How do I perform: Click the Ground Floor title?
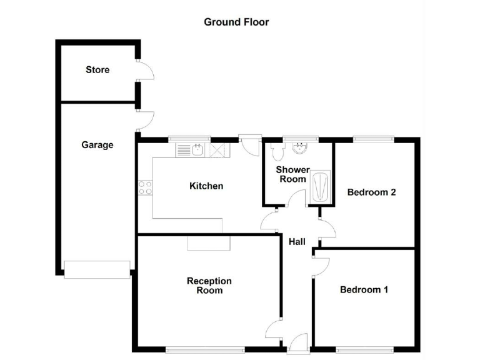(236, 22)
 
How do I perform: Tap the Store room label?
(97, 69)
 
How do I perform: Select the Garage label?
(97, 145)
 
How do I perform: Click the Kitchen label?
(206, 186)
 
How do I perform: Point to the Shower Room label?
(292, 174)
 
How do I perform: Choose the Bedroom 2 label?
(371, 192)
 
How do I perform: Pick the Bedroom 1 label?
(364, 289)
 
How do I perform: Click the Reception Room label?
(209, 286)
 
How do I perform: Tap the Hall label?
(297, 241)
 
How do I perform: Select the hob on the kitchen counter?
(145, 187)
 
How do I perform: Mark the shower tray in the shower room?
(320, 186)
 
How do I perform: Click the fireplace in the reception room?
(209, 243)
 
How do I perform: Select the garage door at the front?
(97, 269)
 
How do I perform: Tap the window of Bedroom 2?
(374, 139)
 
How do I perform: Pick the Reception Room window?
(204, 349)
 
